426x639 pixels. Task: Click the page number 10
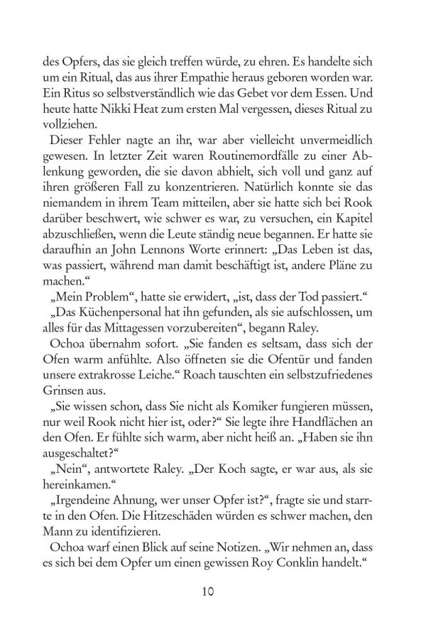213,591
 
